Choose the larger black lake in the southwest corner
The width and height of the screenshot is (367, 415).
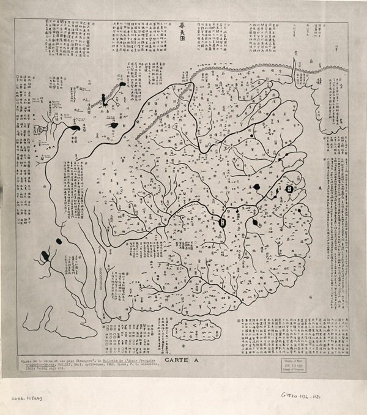45,254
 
